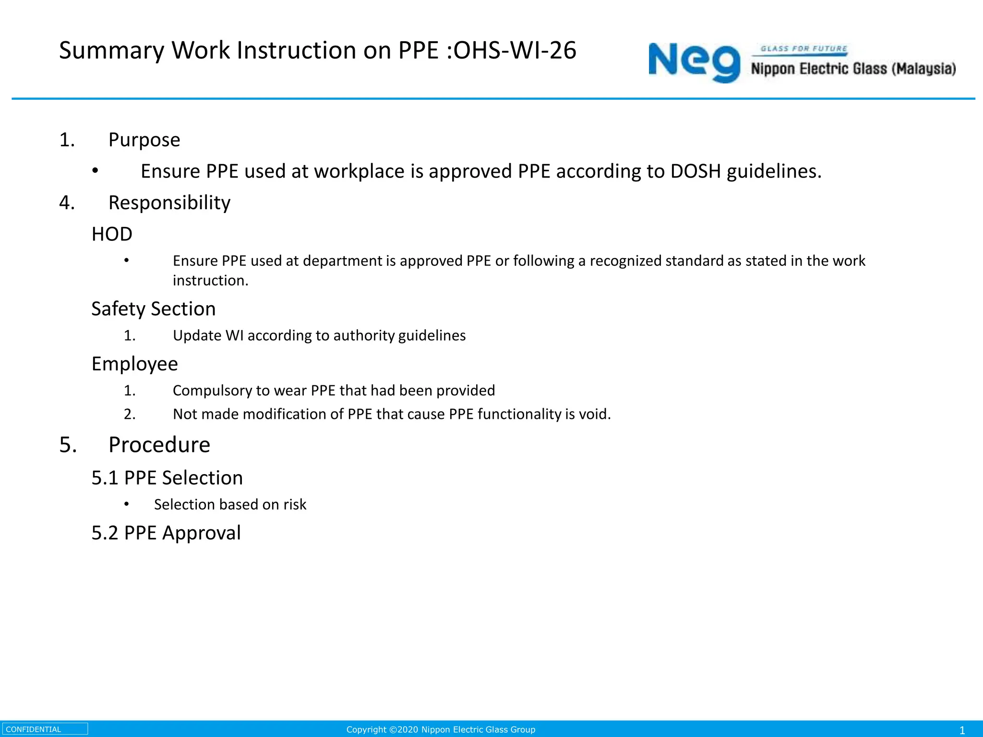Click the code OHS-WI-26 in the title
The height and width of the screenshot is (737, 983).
(x=515, y=50)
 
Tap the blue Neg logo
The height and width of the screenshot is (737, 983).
(x=694, y=62)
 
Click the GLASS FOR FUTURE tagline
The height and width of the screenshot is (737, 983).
(x=803, y=49)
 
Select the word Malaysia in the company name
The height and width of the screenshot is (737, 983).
(x=924, y=69)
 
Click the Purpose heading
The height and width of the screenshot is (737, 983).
(x=144, y=140)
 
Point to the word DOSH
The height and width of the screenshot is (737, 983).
(x=695, y=171)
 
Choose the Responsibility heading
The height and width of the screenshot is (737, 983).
(x=169, y=203)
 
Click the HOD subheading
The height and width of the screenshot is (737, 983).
(x=112, y=234)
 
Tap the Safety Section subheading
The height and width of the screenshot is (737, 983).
(x=154, y=309)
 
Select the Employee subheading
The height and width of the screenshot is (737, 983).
(x=135, y=364)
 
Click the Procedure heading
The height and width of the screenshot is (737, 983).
(x=159, y=445)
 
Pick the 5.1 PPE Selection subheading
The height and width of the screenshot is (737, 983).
(x=167, y=478)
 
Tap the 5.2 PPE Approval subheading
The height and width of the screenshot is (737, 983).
(x=166, y=533)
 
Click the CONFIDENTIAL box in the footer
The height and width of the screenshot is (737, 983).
(x=45, y=729)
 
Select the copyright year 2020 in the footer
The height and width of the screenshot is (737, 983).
(x=408, y=730)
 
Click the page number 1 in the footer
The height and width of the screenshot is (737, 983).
(x=962, y=730)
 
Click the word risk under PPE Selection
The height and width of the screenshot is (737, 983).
(x=295, y=505)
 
